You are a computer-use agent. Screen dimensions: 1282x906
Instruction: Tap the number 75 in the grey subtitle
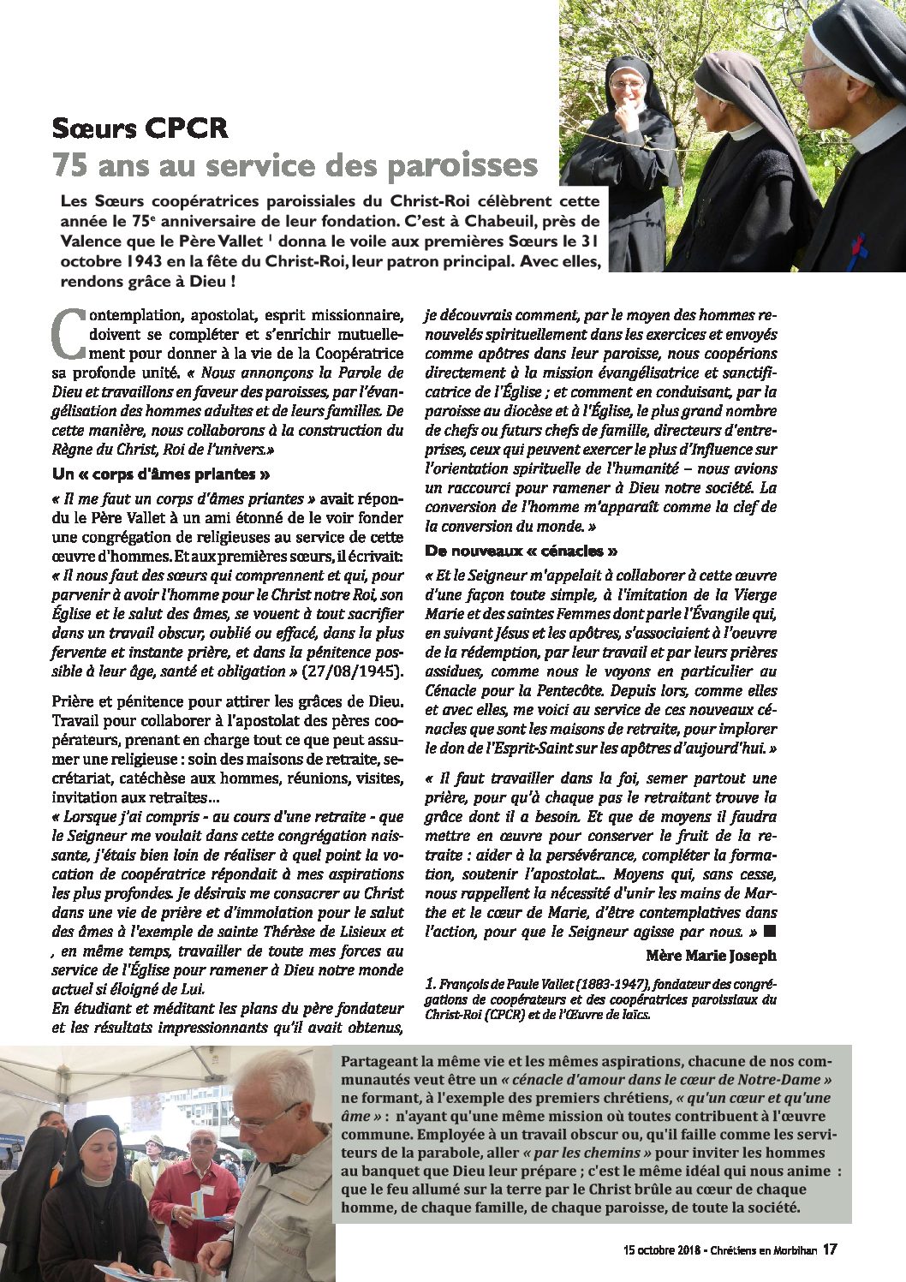tap(69, 164)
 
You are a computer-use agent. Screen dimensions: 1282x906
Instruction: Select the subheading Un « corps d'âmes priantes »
tap(162, 474)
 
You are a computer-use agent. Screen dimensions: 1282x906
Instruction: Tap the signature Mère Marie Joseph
tap(711, 955)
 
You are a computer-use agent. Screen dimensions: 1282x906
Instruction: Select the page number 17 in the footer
tap(829, 1249)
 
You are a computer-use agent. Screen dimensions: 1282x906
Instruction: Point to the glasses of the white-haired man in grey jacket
tap(260, 1118)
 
